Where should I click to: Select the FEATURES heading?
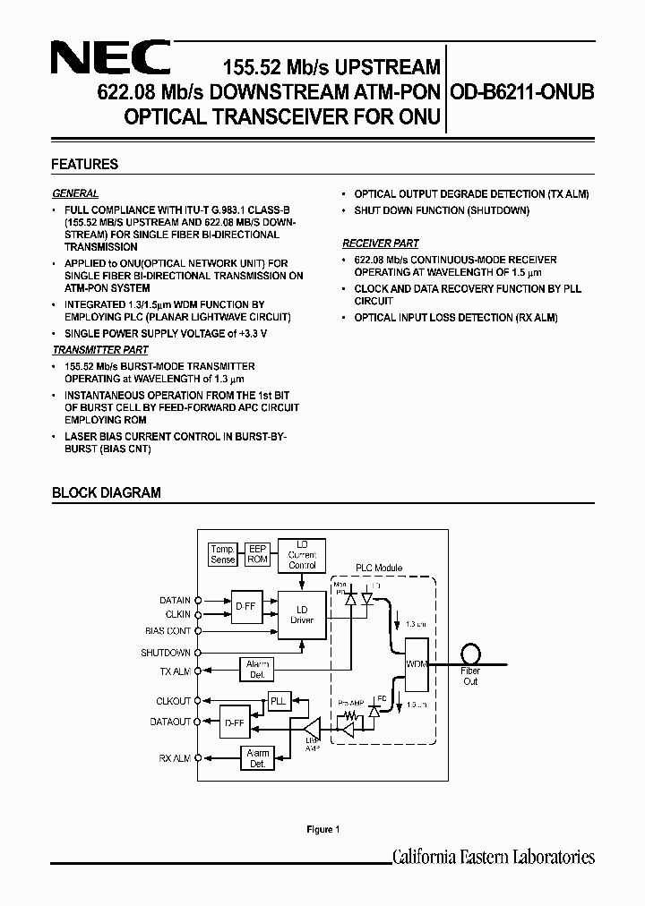point(85,165)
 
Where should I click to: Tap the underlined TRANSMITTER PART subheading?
point(100,350)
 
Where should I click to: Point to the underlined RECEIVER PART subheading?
point(380,243)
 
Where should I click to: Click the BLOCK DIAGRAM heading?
point(106,492)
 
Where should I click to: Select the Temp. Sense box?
point(222,554)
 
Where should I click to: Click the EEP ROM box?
point(258,554)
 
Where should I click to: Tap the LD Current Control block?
point(302,554)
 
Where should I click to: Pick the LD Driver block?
point(302,614)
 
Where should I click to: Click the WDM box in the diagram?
point(416,664)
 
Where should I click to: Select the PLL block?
point(279,701)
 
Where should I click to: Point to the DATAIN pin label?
point(175,601)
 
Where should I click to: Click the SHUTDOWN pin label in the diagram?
point(166,653)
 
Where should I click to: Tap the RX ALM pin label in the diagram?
point(175,758)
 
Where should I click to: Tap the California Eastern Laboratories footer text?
point(494,857)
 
